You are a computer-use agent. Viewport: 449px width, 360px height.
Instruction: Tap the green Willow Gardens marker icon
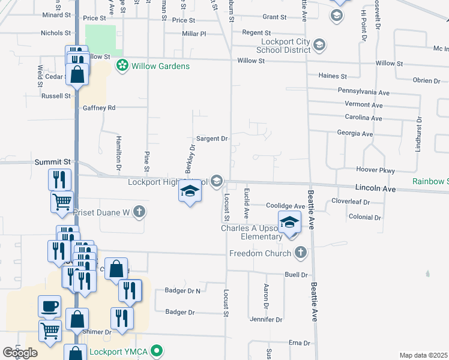coord(123,65)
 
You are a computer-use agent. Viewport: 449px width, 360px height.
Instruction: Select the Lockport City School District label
coord(276,46)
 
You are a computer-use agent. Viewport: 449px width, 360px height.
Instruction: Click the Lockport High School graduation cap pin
coord(190,192)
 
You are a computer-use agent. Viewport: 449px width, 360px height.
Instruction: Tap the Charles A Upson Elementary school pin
coord(289,223)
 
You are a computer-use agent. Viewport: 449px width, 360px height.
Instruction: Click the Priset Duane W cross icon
coord(139,211)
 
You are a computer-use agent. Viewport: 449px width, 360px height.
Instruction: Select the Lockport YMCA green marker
coord(157,350)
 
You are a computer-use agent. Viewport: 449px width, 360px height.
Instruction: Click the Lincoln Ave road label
coord(375,188)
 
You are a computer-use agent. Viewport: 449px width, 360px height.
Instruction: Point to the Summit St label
coord(53,162)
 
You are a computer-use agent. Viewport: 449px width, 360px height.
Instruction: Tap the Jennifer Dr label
coord(266,320)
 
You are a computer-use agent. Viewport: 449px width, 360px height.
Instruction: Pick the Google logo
coord(20,353)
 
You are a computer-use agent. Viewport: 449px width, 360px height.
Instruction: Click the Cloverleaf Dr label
coord(351,202)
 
